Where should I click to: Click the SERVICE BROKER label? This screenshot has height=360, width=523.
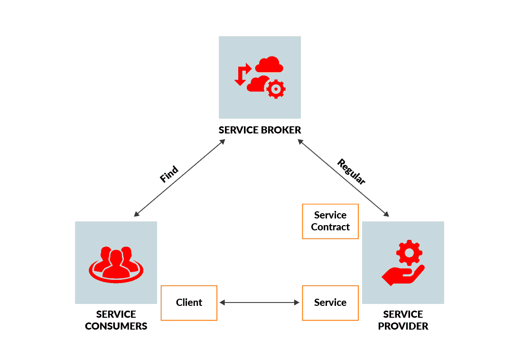260,130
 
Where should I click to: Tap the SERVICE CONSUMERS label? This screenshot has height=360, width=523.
116,320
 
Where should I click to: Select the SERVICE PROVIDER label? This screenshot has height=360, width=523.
403,320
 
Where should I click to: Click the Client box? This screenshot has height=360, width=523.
189,303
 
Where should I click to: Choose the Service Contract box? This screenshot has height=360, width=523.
330,221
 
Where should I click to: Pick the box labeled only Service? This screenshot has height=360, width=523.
330,303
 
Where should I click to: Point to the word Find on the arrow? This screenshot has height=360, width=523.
169,174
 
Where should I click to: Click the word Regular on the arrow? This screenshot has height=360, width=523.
351,171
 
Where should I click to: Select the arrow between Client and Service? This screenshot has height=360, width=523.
260,303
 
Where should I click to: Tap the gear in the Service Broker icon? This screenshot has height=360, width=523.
276,89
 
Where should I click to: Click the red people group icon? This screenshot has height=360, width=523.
116,265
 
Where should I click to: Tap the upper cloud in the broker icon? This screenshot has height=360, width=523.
269,65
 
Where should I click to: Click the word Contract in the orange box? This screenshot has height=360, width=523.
330,227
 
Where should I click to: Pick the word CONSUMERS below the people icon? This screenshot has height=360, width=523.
116,326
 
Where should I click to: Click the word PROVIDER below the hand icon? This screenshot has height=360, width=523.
403,326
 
